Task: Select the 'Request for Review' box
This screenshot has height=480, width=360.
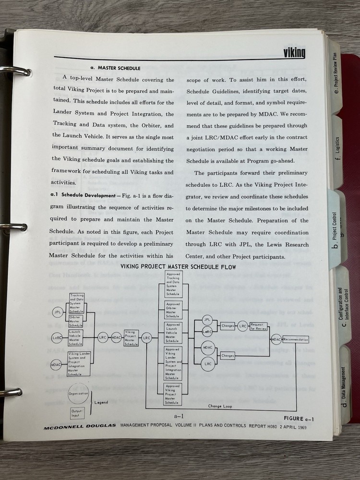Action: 259,326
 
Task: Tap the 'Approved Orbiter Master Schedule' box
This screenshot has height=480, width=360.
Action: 172,310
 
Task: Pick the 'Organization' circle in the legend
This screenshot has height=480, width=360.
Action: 78,393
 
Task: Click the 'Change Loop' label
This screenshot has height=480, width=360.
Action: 220,406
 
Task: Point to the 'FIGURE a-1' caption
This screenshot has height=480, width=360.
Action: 299,418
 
